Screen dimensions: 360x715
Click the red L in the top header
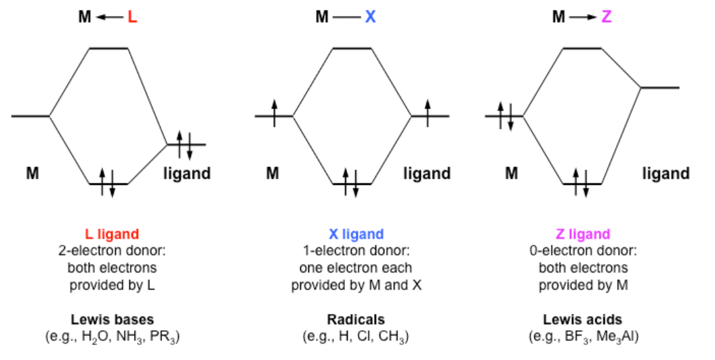132,17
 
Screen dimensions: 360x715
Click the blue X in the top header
370,17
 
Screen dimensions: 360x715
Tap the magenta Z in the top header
607,17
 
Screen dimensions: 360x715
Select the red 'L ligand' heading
112,235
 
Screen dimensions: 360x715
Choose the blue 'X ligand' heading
356,235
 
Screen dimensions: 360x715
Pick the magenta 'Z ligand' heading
583,235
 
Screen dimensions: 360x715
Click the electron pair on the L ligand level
185,144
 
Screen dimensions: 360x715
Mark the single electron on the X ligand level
428,115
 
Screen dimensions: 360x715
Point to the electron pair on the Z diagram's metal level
505,115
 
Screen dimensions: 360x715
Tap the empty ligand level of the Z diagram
660,87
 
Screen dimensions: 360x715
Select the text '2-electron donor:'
112,251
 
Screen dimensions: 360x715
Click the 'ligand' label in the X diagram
427,174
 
